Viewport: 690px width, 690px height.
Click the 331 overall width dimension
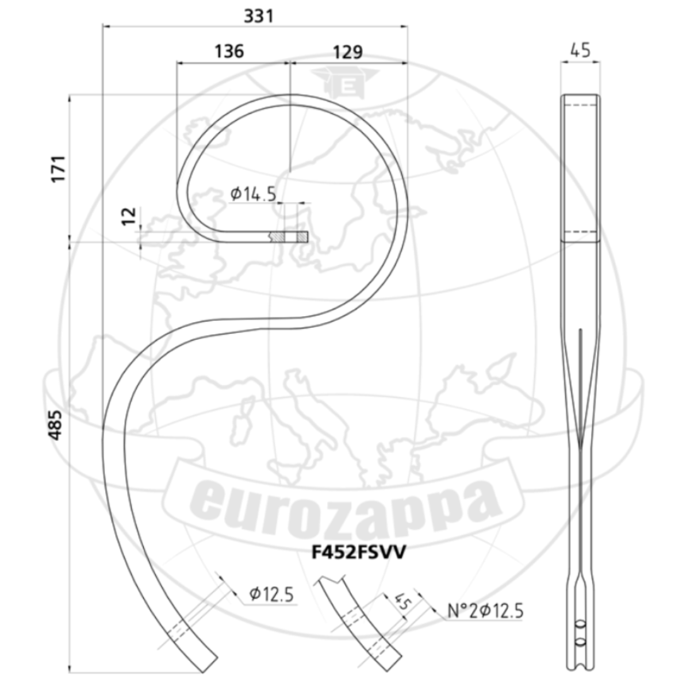[259, 17]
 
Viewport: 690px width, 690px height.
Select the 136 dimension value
[229, 51]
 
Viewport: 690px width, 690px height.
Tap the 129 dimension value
[348, 52]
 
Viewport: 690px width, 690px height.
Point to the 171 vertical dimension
[59, 168]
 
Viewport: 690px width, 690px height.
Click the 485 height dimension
[56, 425]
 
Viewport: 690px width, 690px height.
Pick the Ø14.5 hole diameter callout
[253, 194]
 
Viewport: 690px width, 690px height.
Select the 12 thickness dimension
[129, 216]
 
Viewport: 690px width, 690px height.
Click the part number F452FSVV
[359, 552]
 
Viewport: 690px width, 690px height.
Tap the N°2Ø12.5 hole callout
[485, 611]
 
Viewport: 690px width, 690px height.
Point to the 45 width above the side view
[580, 51]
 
